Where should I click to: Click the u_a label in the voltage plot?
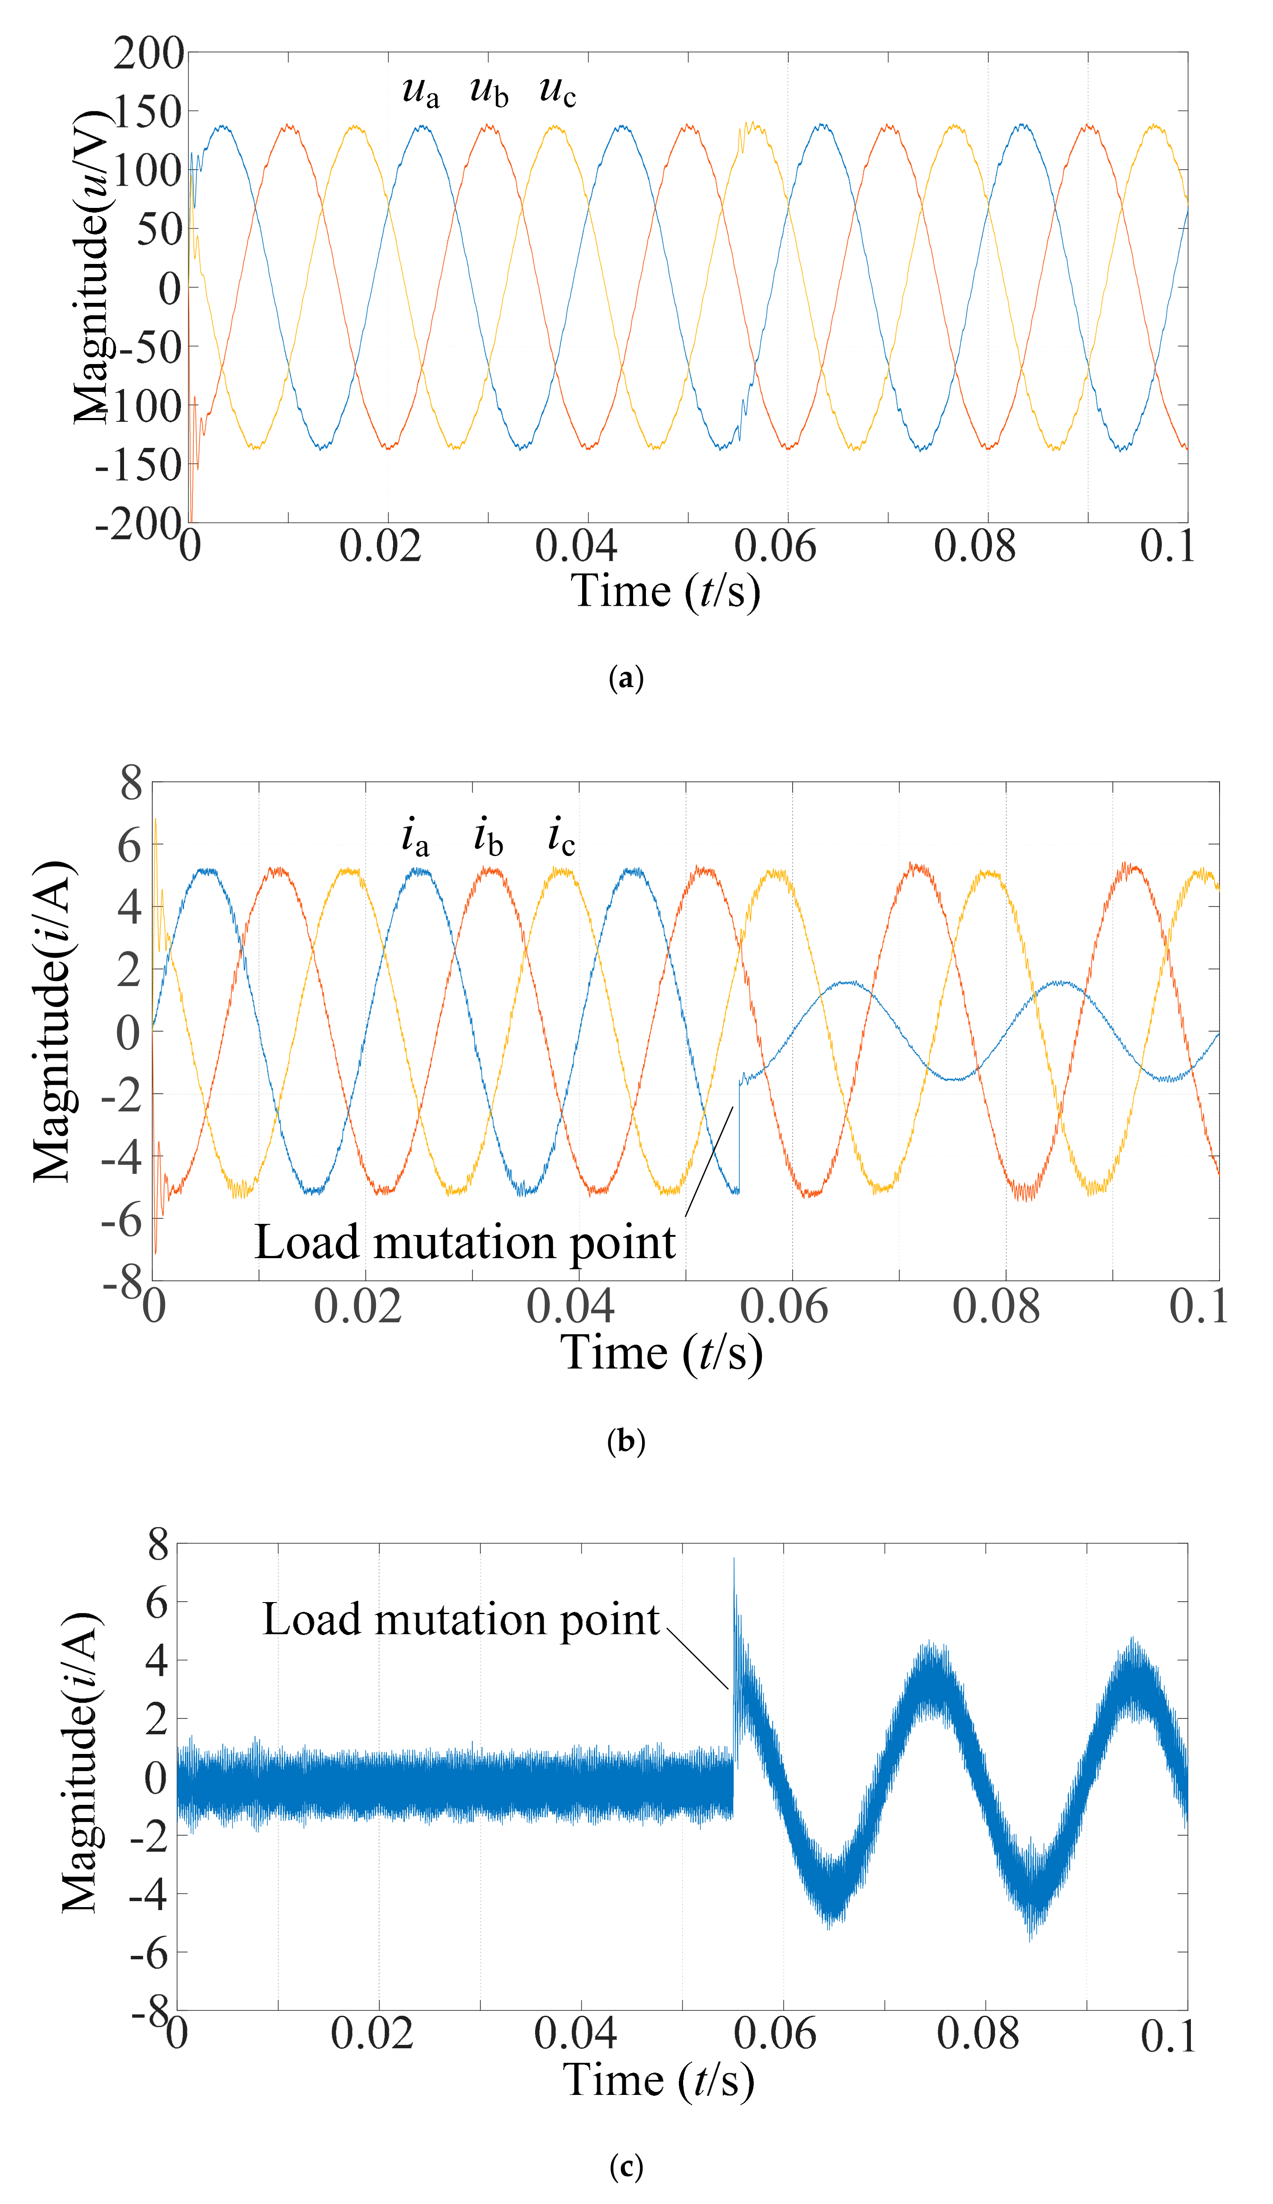(420, 91)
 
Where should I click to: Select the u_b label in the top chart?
(489, 91)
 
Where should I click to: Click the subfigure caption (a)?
(626, 678)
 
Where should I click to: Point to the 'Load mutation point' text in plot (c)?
(461, 1620)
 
